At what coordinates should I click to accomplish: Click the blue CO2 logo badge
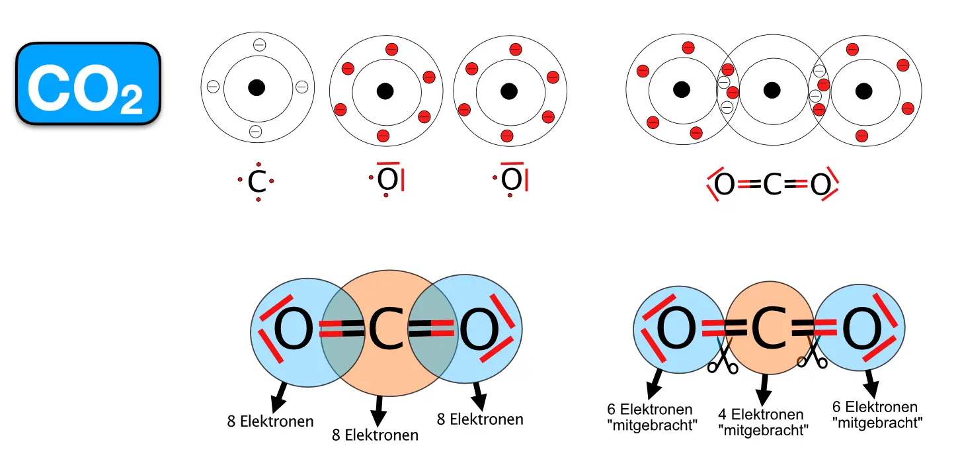(x=88, y=83)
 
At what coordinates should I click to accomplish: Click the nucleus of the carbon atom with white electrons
(x=257, y=87)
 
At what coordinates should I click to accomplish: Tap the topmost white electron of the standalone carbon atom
(x=259, y=45)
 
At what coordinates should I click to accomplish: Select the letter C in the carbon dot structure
(x=257, y=182)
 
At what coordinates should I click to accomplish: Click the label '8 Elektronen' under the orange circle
(x=375, y=435)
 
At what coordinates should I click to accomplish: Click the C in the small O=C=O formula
(x=772, y=186)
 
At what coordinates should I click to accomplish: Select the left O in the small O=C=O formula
(x=725, y=186)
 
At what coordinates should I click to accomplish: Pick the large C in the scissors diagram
(x=770, y=331)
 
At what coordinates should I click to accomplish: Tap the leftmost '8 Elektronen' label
(x=270, y=421)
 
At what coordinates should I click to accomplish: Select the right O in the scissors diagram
(x=861, y=331)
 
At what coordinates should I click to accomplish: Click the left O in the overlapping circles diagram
(x=293, y=331)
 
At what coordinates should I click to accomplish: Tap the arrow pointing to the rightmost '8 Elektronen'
(x=478, y=396)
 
